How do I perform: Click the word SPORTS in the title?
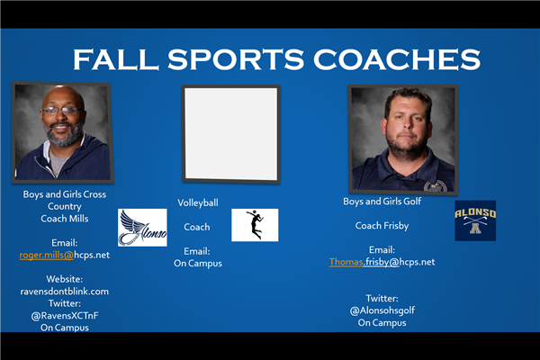[236, 59]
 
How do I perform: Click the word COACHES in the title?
[397, 59]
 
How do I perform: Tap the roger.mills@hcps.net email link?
[65, 255]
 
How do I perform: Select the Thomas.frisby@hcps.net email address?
[382, 262]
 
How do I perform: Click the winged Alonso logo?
[142, 228]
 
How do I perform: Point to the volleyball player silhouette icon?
[255, 225]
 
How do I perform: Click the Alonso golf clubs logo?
[475, 220]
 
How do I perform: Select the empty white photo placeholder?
[231, 134]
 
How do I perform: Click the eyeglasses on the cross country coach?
[62, 111]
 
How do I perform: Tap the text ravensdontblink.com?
[65, 292]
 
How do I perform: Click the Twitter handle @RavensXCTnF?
[65, 316]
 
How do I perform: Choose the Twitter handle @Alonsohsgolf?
[382, 310]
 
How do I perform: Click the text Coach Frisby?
[382, 226]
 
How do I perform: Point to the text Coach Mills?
[65, 219]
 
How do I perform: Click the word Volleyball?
[198, 202]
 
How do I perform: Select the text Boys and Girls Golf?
[382, 202]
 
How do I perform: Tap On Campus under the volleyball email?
[198, 264]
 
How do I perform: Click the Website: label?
[65, 279]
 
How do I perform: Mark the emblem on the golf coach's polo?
[436, 186]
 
